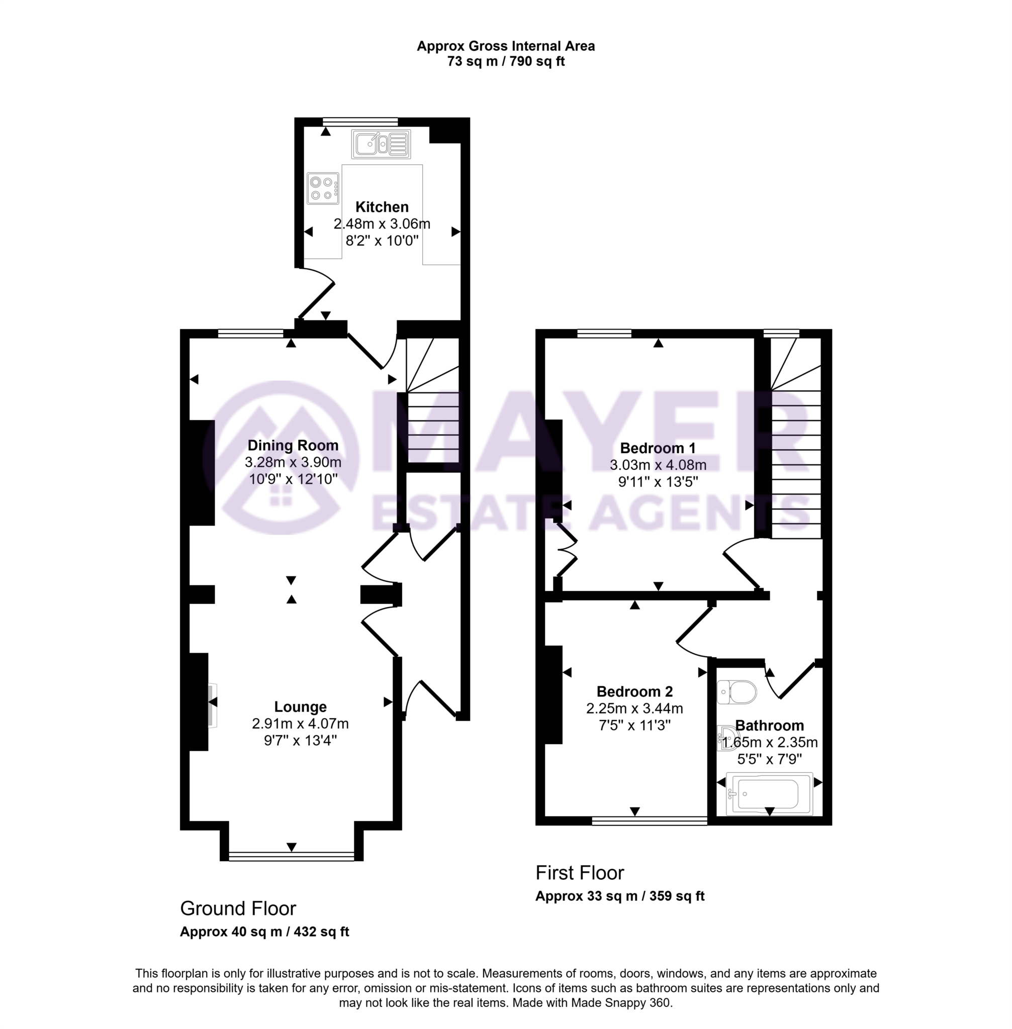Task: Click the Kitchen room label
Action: (382, 207)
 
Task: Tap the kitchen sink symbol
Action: (381, 144)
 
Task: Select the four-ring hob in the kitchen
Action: (323, 188)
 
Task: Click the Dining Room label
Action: (293, 445)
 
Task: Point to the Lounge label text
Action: (300, 706)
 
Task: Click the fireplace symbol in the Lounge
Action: (212, 705)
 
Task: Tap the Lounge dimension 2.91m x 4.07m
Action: (300, 724)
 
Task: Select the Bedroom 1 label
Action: (658, 448)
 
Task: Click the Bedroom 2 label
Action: (634, 691)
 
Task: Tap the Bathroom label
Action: (769, 725)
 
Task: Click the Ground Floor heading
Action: (238, 908)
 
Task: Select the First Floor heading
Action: (579, 872)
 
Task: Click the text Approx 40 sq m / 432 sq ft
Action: (264, 932)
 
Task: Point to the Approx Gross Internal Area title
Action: (505, 46)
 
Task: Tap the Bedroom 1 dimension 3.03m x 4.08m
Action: (658, 465)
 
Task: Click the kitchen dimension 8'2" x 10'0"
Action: (382, 241)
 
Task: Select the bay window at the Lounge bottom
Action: (291, 856)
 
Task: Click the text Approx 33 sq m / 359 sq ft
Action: (620, 896)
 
